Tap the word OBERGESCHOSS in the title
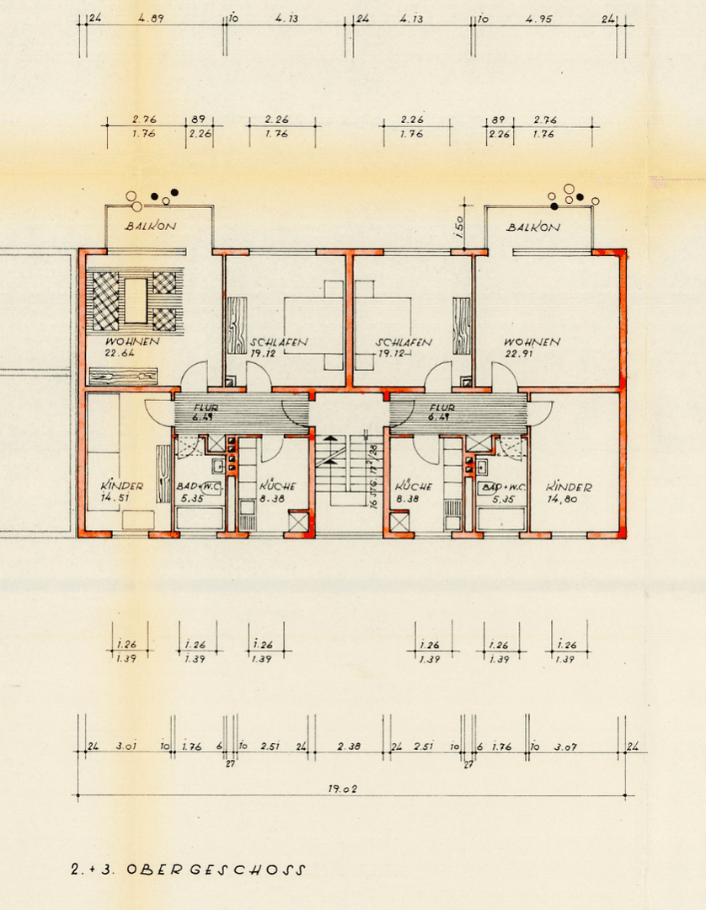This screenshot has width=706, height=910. (216, 870)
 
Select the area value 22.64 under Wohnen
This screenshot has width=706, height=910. (120, 353)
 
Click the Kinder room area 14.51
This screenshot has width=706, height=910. (115, 497)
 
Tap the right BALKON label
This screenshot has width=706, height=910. (532, 227)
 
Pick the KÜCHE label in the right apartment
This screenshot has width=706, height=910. (413, 486)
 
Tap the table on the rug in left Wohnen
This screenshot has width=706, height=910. (135, 299)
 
